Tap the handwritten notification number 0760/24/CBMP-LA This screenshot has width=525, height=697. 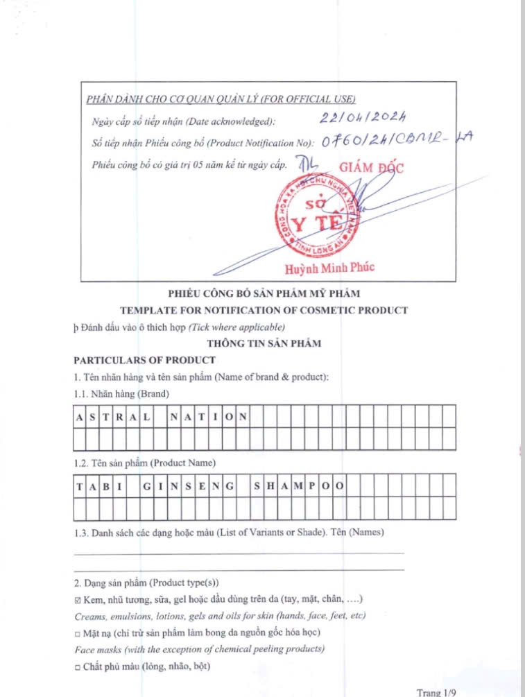(x=395, y=141)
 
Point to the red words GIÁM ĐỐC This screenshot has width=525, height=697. (x=371, y=167)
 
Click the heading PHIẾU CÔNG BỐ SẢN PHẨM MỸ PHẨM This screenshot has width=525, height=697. (x=264, y=293)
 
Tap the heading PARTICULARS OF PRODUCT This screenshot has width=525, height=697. (x=144, y=361)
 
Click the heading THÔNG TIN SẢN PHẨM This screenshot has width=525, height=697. (x=264, y=343)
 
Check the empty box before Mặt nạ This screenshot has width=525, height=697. (x=78, y=633)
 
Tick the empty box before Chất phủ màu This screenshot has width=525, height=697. (x=78, y=666)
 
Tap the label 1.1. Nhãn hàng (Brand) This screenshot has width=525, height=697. (x=121, y=394)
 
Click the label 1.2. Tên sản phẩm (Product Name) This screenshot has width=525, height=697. (x=145, y=462)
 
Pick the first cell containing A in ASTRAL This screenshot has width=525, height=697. (x=79, y=418)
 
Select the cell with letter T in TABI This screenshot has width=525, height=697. (x=79, y=485)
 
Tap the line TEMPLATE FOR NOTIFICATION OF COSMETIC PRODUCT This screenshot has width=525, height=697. (x=264, y=310)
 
